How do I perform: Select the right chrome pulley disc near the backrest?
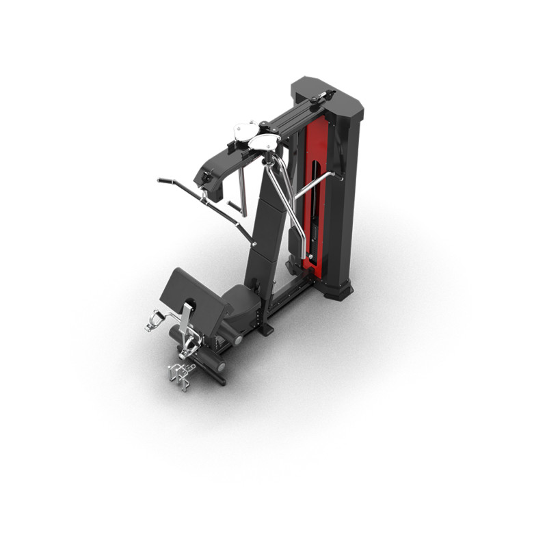(x=264, y=142)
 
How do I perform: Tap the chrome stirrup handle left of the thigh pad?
(x=156, y=321)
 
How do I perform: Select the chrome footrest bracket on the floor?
(x=180, y=374)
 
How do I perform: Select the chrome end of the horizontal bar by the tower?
(x=336, y=176)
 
